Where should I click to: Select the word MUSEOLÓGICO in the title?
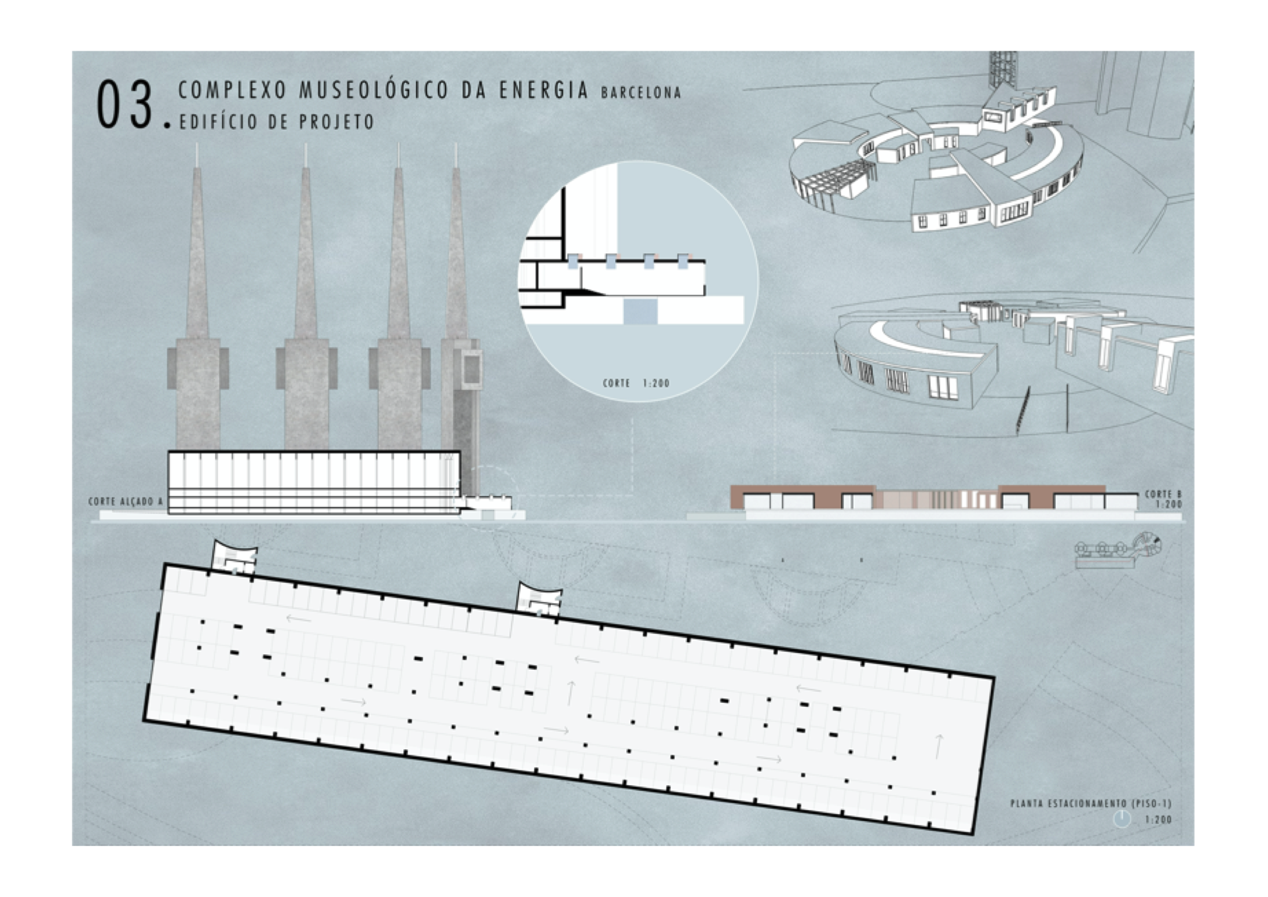(x=374, y=90)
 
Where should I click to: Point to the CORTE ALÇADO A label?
(x=126, y=502)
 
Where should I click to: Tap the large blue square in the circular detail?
(x=641, y=312)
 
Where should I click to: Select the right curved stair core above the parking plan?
(x=539, y=597)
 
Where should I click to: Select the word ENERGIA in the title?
(x=544, y=90)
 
